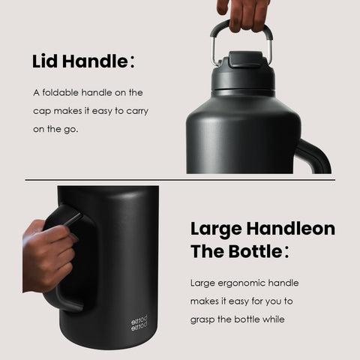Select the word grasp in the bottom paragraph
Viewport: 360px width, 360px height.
tap(205, 320)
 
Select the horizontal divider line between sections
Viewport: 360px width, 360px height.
tap(180, 180)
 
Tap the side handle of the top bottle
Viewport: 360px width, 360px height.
tap(318, 154)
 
